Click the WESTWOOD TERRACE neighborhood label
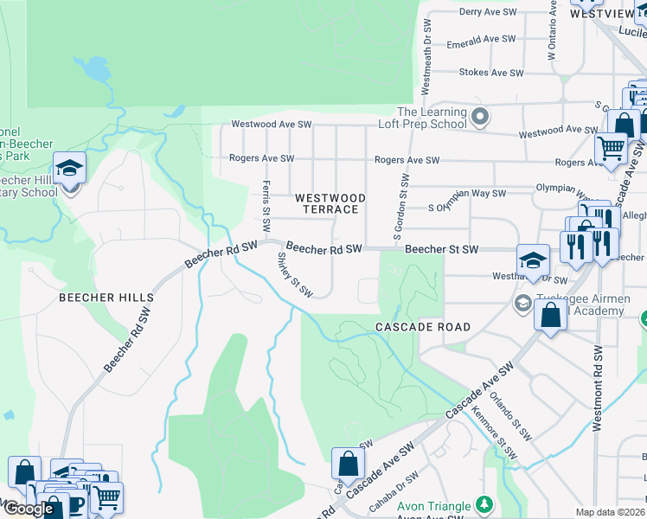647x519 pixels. click(330, 204)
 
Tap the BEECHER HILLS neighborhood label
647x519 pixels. click(106, 298)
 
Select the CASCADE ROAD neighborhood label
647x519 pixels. click(423, 327)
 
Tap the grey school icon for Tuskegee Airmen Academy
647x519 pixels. click(522, 304)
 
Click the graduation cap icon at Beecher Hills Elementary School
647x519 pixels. click(69, 169)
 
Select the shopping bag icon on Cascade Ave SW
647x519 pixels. click(347, 465)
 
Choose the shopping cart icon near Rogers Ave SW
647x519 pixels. click(611, 148)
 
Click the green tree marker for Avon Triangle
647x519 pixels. click(485, 504)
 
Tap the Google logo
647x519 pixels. click(28, 509)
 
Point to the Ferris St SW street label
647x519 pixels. click(266, 205)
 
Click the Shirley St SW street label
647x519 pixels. click(294, 274)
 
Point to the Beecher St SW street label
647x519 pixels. click(441, 249)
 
